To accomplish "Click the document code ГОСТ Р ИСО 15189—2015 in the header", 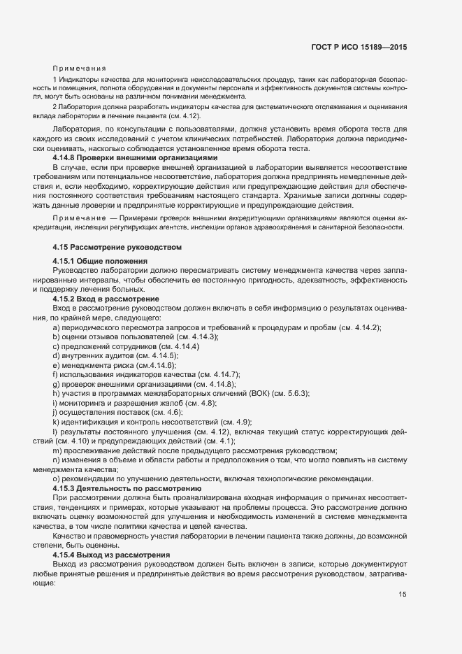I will (x=359, y=47).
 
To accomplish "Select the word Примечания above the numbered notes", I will (x=79, y=69).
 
